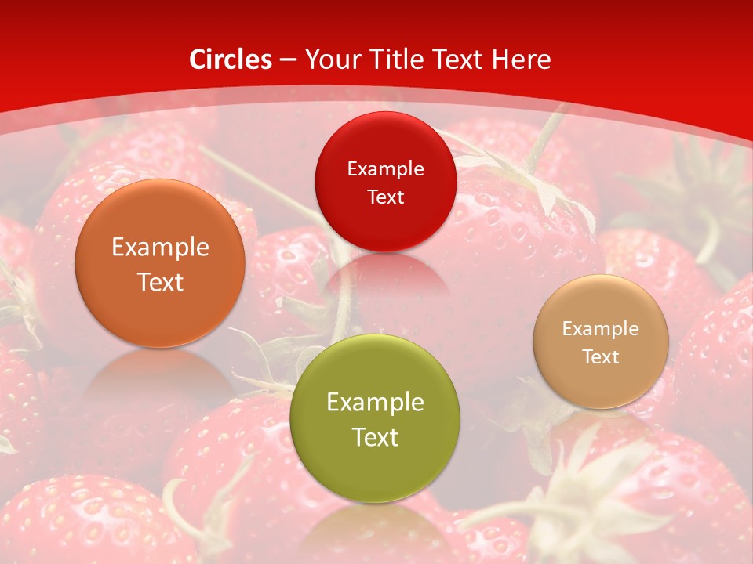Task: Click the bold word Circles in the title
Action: (231, 60)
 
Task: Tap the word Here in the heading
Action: (522, 60)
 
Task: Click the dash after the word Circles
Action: (287, 60)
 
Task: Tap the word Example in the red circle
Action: (385, 168)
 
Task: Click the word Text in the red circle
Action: (385, 197)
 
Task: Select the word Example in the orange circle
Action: (160, 248)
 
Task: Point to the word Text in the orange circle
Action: (160, 282)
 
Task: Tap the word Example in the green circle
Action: (375, 403)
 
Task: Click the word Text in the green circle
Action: (375, 437)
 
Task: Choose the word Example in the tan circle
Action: (601, 328)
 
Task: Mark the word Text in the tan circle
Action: (601, 356)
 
